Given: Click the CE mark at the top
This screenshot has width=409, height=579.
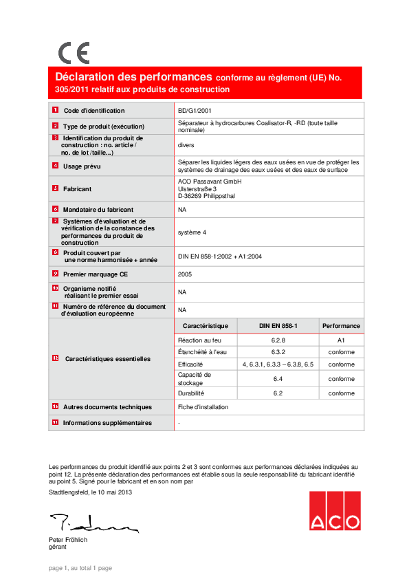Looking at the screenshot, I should [x=74, y=53].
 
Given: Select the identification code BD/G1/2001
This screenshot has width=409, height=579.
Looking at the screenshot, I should [x=195, y=111].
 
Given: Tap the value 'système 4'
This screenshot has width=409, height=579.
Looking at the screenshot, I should [x=192, y=232].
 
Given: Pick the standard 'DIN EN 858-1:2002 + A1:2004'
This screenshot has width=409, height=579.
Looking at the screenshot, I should [x=219, y=256].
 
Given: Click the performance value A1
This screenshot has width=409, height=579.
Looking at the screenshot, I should [x=341, y=340].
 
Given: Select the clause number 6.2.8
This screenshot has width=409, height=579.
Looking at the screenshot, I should [x=278, y=340].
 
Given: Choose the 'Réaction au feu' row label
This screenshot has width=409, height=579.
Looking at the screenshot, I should [x=199, y=340].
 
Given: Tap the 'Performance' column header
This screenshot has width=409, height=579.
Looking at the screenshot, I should [x=341, y=326].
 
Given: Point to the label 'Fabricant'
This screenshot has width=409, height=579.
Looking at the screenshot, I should [x=78, y=188].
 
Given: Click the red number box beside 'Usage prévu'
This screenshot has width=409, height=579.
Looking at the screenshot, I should [x=55, y=166].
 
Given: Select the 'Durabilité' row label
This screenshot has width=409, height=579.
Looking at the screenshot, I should [x=191, y=393].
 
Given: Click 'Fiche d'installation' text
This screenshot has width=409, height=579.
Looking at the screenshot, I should [x=203, y=407].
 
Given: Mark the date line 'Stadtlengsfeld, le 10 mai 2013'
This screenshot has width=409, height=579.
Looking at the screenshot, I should [x=90, y=492].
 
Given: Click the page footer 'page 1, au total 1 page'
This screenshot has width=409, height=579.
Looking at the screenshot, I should [x=80, y=568].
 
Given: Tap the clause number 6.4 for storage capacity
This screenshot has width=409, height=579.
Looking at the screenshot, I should [x=278, y=379].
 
